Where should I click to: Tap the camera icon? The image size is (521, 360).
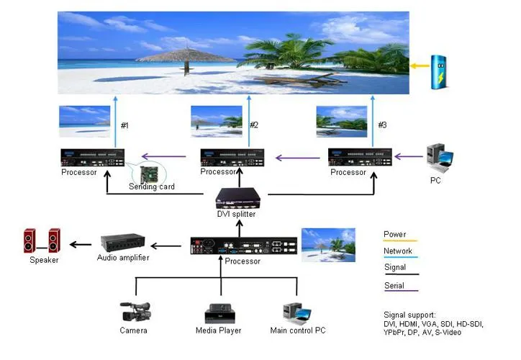point(135,312)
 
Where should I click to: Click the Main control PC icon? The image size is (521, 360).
point(296,312)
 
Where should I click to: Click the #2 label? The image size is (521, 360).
point(253,125)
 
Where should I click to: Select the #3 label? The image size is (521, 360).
point(382,125)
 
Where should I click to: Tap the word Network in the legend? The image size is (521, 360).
point(398,251)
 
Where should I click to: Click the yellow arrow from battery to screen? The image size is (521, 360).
point(420,66)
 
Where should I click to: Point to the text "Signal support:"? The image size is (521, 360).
point(409,315)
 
